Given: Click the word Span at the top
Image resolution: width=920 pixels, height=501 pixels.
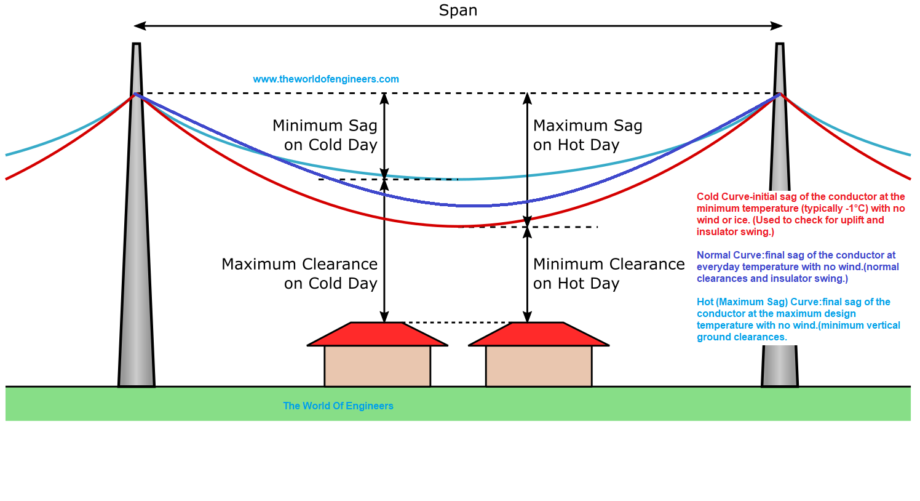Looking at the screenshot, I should (x=458, y=10).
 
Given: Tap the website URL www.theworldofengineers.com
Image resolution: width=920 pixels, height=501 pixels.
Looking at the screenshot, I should (x=326, y=79).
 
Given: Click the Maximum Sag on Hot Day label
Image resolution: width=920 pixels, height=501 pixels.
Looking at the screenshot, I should (x=587, y=135).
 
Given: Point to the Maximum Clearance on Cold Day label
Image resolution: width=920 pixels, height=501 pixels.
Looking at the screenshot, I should (x=299, y=273).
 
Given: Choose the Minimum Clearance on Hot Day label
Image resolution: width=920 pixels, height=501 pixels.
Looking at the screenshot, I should (x=609, y=273).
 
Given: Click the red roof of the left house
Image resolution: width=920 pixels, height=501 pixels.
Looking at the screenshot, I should (x=377, y=334).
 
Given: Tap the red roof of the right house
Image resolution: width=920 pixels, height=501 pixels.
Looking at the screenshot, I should (x=539, y=334).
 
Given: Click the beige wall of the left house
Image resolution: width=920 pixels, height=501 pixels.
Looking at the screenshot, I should (x=377, y=366).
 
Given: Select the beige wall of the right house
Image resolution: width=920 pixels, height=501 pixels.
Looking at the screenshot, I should (x=539, y=366).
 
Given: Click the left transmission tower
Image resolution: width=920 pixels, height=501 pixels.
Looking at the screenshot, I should (x=137, y=246).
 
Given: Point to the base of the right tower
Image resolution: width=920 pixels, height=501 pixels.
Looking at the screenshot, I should (x=780, y=369).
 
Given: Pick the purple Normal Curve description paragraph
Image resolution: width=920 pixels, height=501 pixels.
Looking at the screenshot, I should (x=798, y=267).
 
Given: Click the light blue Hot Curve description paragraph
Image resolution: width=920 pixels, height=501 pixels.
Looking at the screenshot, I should (x=798, y=319).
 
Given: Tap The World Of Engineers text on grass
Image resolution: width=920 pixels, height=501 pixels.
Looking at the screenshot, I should (x=338, y=406).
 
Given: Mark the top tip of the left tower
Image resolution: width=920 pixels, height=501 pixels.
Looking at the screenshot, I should (x=137, y=45).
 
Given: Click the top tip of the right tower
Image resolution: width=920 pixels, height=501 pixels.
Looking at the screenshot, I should (x=780, y=45).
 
